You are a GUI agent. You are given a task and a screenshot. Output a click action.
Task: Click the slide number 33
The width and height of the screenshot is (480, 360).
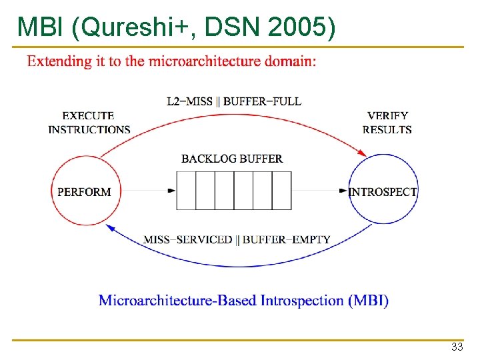tap(457, 347)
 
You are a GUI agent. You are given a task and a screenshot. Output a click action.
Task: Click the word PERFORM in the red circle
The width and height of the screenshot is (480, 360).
tap(84, 192)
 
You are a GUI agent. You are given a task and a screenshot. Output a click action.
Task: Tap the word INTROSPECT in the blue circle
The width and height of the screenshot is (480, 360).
tap(383, 192)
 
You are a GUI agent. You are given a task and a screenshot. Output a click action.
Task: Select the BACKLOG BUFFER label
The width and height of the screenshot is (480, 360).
tap(232, 159)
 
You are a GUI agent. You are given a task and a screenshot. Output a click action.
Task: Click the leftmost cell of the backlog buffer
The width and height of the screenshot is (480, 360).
tap(186, 191)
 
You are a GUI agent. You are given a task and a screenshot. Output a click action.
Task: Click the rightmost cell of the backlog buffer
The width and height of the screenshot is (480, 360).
tap(281, 191)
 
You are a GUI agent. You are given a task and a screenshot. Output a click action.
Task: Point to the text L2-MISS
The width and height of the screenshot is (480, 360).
tap(189, 102)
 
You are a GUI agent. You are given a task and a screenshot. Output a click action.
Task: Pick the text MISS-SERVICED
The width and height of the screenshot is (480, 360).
tap(188, 239)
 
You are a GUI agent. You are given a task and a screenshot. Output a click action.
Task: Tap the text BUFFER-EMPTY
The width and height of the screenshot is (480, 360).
tap(286, 239)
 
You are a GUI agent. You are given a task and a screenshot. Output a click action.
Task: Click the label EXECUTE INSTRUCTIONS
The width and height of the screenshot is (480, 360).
tap(89, 123)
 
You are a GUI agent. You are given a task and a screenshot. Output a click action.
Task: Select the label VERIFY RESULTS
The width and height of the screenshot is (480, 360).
tap(387, 123)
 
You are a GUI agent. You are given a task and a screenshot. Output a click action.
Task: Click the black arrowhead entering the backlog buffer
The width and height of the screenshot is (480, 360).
tap(172, 191)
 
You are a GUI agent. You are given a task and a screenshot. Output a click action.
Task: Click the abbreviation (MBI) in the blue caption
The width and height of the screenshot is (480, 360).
tap(368, 300)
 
